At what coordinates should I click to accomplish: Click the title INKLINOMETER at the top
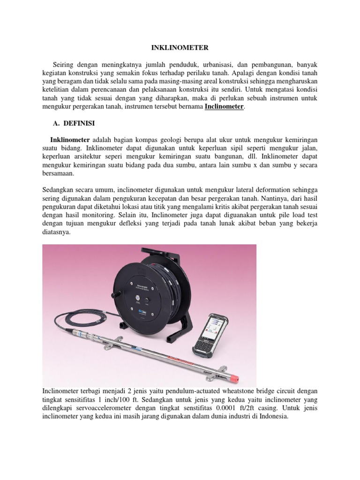(x=180, y=47)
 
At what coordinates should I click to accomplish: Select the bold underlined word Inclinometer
(x=225, y=107)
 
